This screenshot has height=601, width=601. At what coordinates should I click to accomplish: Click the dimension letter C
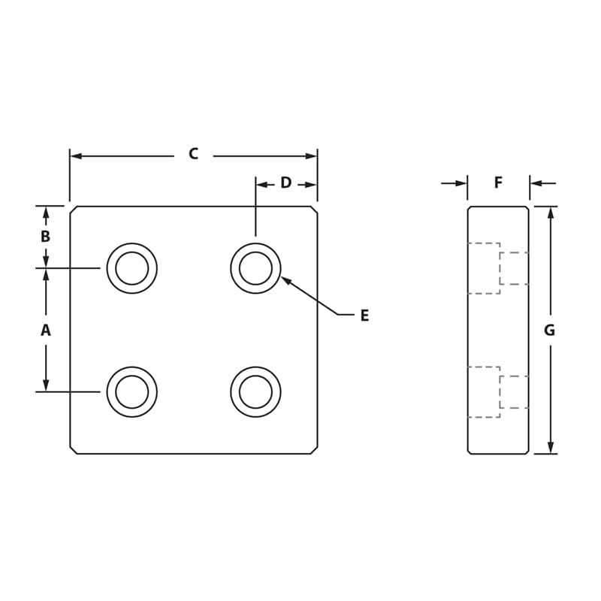[193, 154]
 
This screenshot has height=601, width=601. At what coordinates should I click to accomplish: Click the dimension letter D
[285, 183]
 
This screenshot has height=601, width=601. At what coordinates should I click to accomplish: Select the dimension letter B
[45, 236]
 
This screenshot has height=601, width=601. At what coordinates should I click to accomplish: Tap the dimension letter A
[45, 330]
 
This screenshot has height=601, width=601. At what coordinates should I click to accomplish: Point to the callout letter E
[364, 316]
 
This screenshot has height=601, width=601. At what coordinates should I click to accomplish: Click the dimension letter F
[498, 183]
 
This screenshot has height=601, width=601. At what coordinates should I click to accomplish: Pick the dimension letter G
[549, 330]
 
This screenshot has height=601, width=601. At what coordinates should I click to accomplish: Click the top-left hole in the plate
[132, 268]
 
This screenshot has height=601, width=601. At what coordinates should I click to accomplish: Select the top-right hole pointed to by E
[255, 268]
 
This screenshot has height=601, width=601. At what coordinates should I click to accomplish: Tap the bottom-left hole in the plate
[132, 391]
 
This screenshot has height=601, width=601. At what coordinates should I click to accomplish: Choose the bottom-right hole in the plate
[255, 391]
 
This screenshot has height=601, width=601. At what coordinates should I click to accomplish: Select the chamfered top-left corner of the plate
[73, 210]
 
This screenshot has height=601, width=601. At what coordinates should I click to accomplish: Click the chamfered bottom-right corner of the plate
[314, 450]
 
